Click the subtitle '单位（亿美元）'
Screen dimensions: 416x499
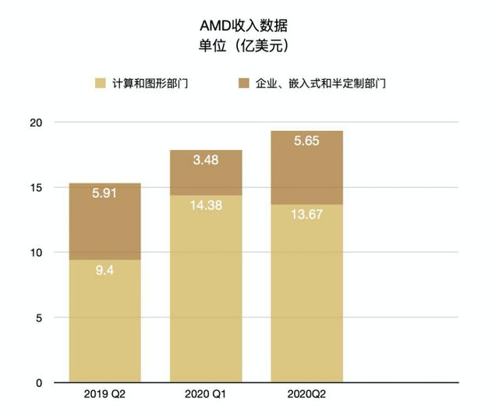pos(249,46)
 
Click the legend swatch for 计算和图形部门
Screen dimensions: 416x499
pos(100,83)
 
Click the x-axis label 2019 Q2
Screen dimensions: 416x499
pos(104,395)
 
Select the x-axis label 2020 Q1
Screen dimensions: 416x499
pos(206,395)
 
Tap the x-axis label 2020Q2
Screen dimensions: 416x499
pos(306,395)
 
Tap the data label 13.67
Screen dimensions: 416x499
pos(306,216)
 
